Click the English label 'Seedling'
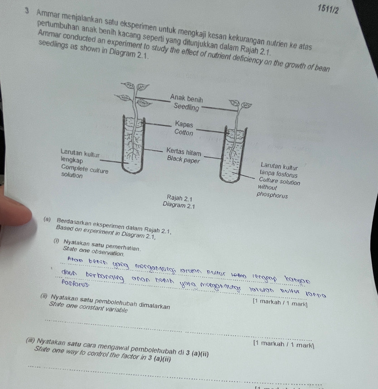coord(186,107)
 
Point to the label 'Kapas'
coord(184,124)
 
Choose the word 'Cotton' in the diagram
coord(184,133)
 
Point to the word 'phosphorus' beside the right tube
coord(271,195)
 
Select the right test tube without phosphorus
coord(235,154)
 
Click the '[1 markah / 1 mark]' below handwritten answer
coord(281,301)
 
